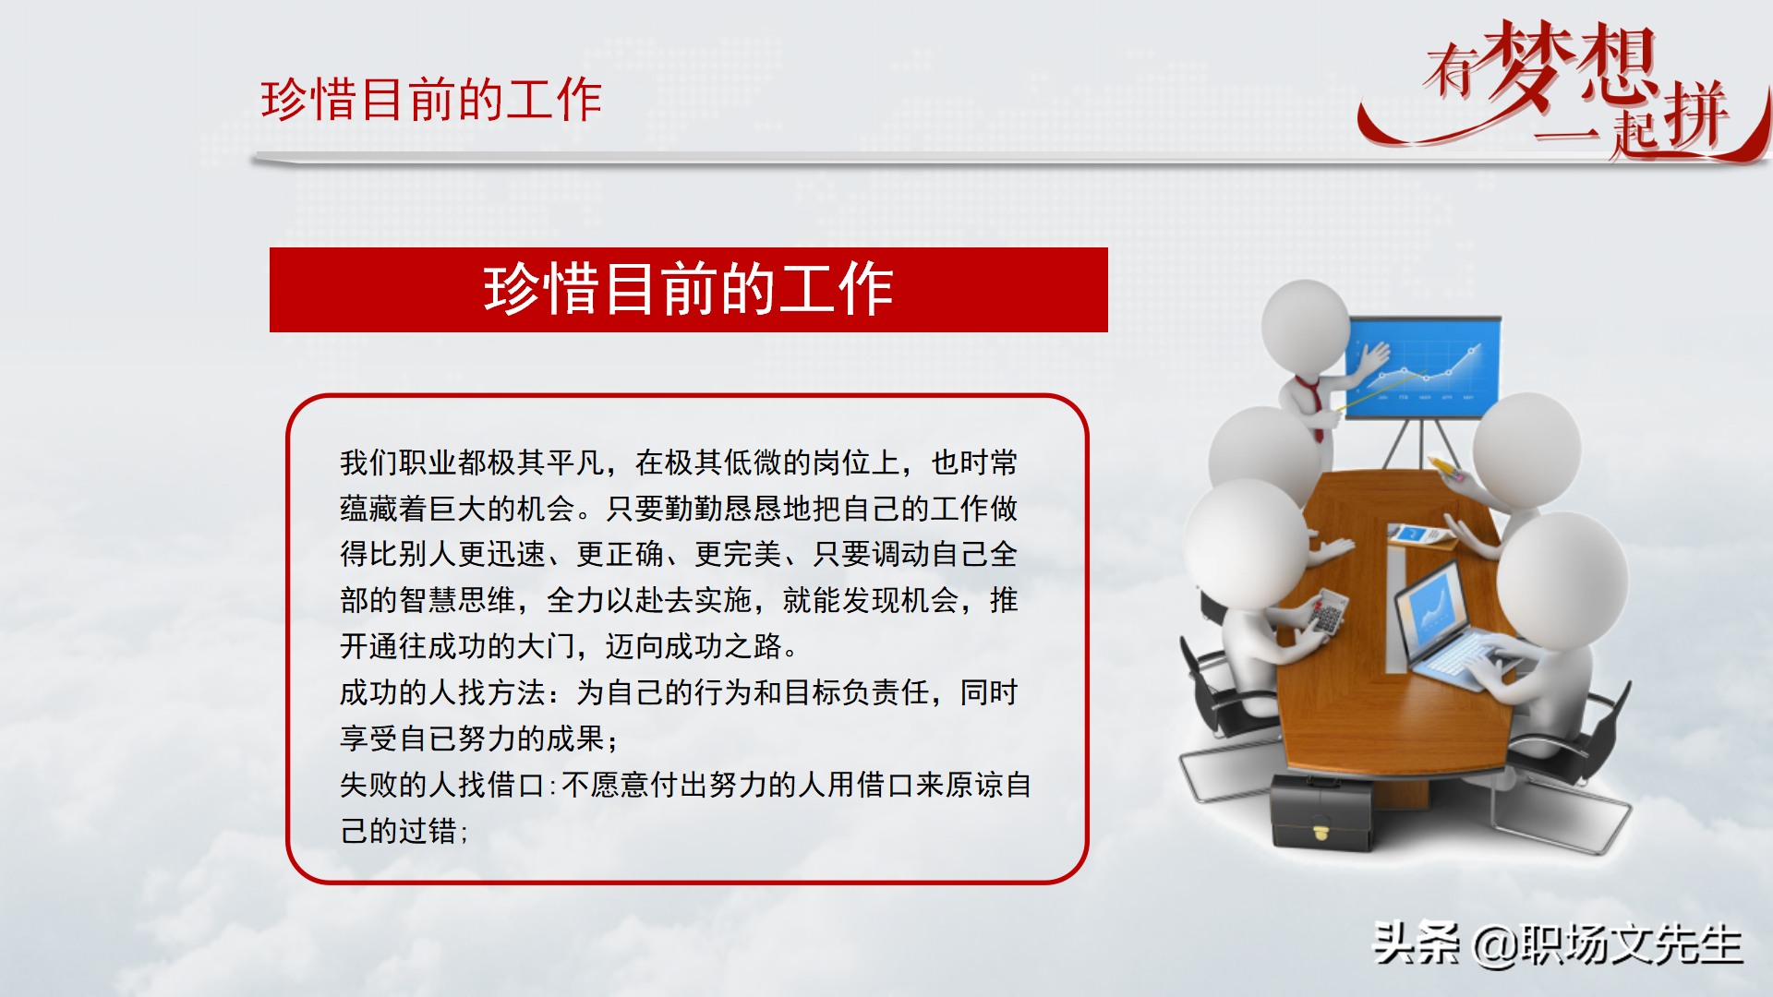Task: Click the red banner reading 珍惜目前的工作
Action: [x=688, y=289]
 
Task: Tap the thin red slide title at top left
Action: [x=431, y=100]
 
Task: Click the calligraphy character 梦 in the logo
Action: [x=1529, y=65]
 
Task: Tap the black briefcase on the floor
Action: [x=1321, y=812]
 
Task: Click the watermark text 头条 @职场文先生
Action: [x=1557, y=943]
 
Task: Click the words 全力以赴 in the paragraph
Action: [x=605, y=600]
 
